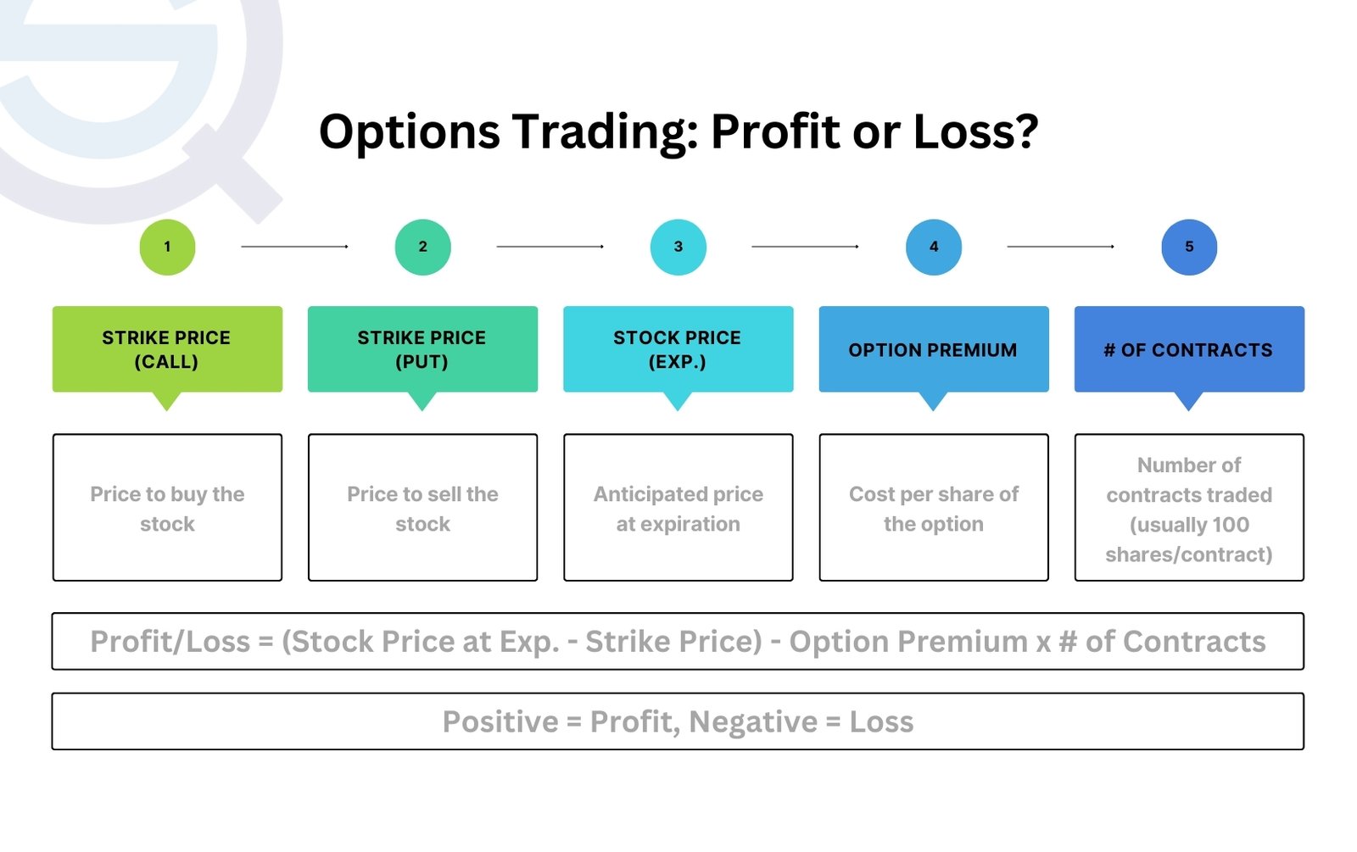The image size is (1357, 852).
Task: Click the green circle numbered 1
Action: click(167, 247)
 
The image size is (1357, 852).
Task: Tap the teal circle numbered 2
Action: click(422, 247)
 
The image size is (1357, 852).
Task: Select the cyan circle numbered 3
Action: click(678, 247)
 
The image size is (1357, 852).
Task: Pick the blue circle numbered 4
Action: click(933, 247)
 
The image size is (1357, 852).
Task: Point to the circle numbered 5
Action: click(1188, 247)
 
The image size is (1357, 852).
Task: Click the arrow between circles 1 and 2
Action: click(294, 247)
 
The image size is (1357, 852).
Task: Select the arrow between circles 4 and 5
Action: click(1060, 247)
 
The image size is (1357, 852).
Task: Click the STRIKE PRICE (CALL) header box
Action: click(167, 349)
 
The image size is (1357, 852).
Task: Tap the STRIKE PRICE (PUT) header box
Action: click(422, 349)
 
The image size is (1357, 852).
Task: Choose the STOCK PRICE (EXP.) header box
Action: click(678, 349)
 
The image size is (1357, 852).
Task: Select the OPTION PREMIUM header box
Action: click(933, 349)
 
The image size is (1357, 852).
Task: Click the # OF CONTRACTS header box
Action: click(1188, 349)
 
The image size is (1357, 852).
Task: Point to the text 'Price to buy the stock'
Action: click(167, 509)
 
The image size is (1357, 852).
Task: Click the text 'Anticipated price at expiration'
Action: click(678, 509)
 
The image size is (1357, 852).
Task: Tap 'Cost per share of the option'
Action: click(933, 509)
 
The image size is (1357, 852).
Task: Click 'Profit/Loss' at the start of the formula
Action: click(170, 642)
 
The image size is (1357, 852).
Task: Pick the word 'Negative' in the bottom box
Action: click(752, 722)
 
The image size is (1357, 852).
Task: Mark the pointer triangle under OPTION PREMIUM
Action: click(933, 400)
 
